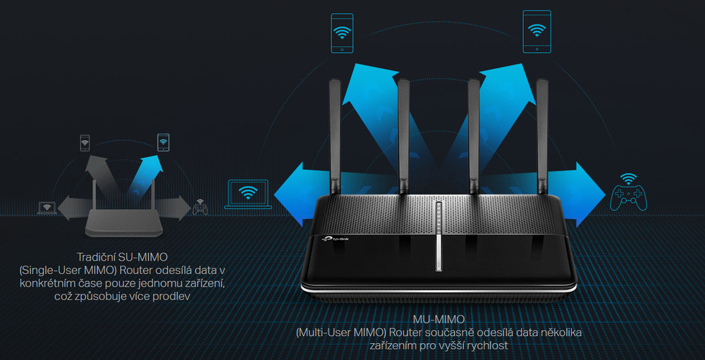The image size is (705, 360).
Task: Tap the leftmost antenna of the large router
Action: pyautogui.click(x=335, y=137)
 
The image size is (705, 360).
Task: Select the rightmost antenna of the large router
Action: pyautogui.click(x=543, y=137)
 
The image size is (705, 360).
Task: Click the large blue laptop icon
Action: pyautogui.click(x=247, y=194)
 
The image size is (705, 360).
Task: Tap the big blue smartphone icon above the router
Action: pyautogui.click(x=342, y=33)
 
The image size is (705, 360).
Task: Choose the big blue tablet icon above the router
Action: pyautogui.click(x=537, y=32)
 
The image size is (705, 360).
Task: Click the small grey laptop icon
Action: pyautogui.click(x=47, y=208)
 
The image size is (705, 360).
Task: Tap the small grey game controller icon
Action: pyautogui.click(x=200, y=207)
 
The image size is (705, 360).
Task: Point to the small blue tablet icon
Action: pyautogui.click(x=164, y=142)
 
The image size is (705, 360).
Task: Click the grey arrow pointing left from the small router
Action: pyautogui.click(x=75, y=208)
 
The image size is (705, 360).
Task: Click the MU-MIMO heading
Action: pyautogui.click(x=439, y=320)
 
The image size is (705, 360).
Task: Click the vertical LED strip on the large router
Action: pyautogui.click(x=439, y=237)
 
